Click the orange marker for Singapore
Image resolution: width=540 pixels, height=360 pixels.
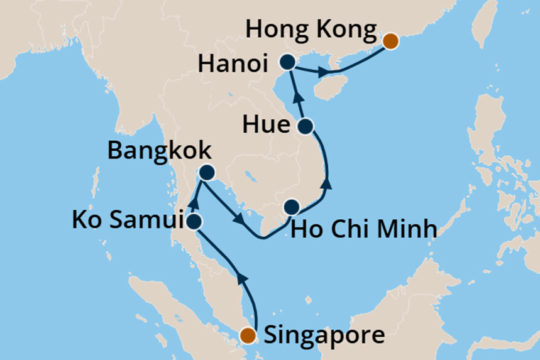[250, 335]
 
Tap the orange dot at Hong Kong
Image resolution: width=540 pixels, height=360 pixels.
[390, 41]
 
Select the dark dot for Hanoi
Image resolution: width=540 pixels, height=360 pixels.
[288, 62]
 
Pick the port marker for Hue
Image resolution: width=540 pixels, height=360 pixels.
[306, 126]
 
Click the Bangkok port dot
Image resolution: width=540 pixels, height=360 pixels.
[206, 172]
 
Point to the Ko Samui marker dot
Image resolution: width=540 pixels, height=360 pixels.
[194, 222]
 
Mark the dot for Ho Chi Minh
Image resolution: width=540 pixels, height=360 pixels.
[292, 207]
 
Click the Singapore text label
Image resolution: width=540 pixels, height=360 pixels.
[324, 335]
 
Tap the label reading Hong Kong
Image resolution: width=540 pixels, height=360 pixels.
[312, 30]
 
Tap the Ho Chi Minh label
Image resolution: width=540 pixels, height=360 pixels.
[364, 228]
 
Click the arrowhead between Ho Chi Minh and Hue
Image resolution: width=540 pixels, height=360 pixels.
[327, 185]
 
